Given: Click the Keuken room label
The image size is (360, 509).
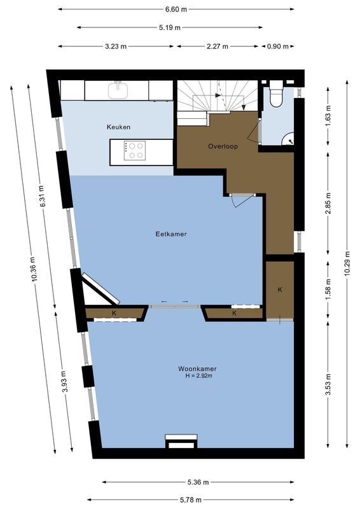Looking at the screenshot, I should [118, 127].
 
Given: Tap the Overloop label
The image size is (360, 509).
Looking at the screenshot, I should [223, 146].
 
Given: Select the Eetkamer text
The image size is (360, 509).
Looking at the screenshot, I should [170, 234].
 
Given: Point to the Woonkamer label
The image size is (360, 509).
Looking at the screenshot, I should [197, 368].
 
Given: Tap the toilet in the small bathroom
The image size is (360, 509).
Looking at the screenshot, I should [277, 95].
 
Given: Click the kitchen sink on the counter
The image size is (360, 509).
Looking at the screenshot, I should [118, 90].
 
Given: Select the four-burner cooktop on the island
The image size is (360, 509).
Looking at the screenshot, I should [134, 150].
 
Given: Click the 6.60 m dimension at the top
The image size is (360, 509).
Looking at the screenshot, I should [176, 9].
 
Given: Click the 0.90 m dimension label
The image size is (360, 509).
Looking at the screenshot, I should [277, 46].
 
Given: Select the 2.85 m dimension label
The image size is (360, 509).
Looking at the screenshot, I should [328, 202].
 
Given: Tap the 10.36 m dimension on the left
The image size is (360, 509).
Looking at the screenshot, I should [32, 267].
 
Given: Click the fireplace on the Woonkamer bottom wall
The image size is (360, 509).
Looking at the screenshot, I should [181, 442].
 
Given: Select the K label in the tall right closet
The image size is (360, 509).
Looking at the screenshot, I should [280, 289].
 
